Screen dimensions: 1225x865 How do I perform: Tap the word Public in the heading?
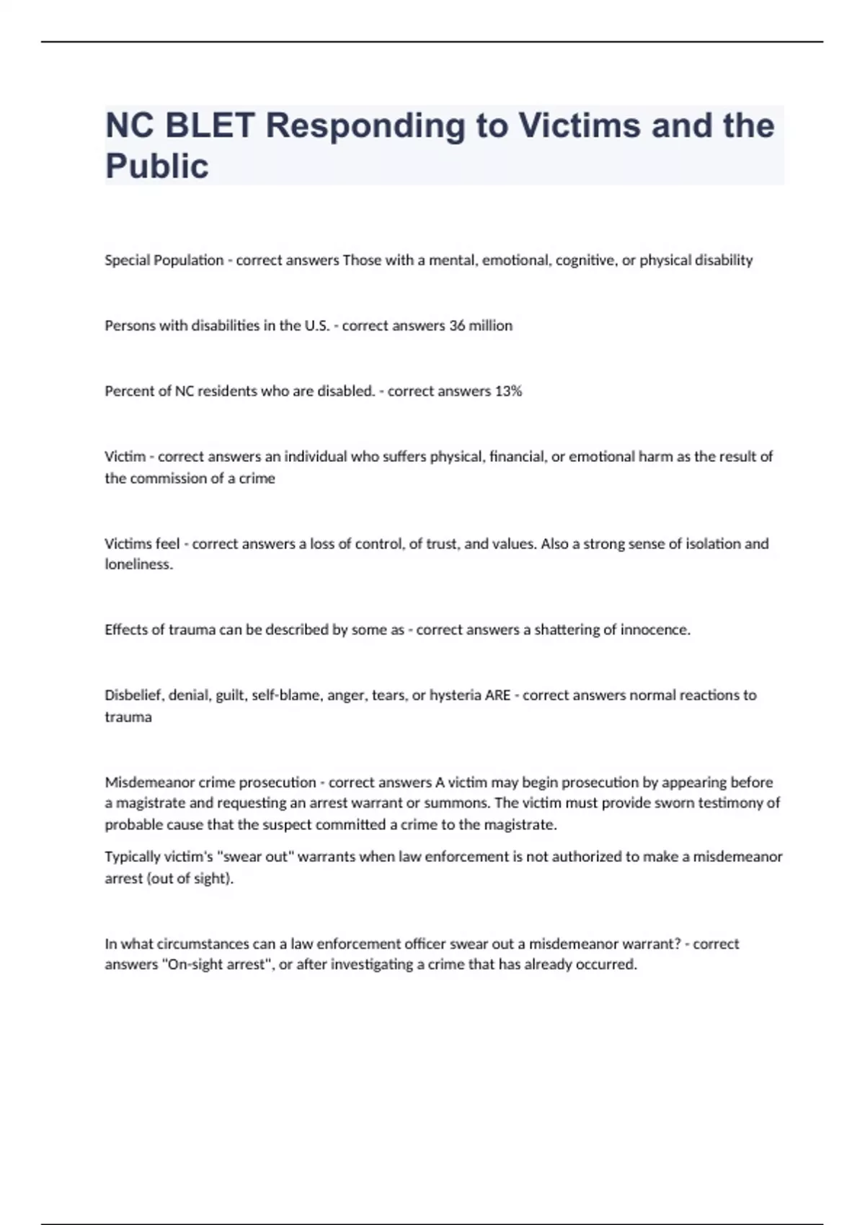(157, 166)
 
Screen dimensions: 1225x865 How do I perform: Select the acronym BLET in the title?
(210, 125)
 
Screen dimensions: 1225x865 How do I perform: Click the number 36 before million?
(457, 326)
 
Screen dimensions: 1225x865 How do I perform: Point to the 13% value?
(508, 391)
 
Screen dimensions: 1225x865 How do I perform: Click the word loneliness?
(139, 564)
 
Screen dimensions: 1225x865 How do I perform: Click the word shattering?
(565, 630)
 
